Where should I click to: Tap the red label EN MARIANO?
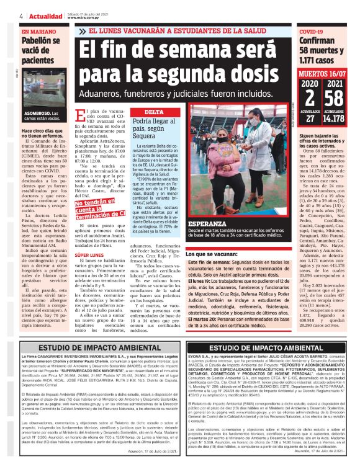pyautogui.click(x=38, y=30)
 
